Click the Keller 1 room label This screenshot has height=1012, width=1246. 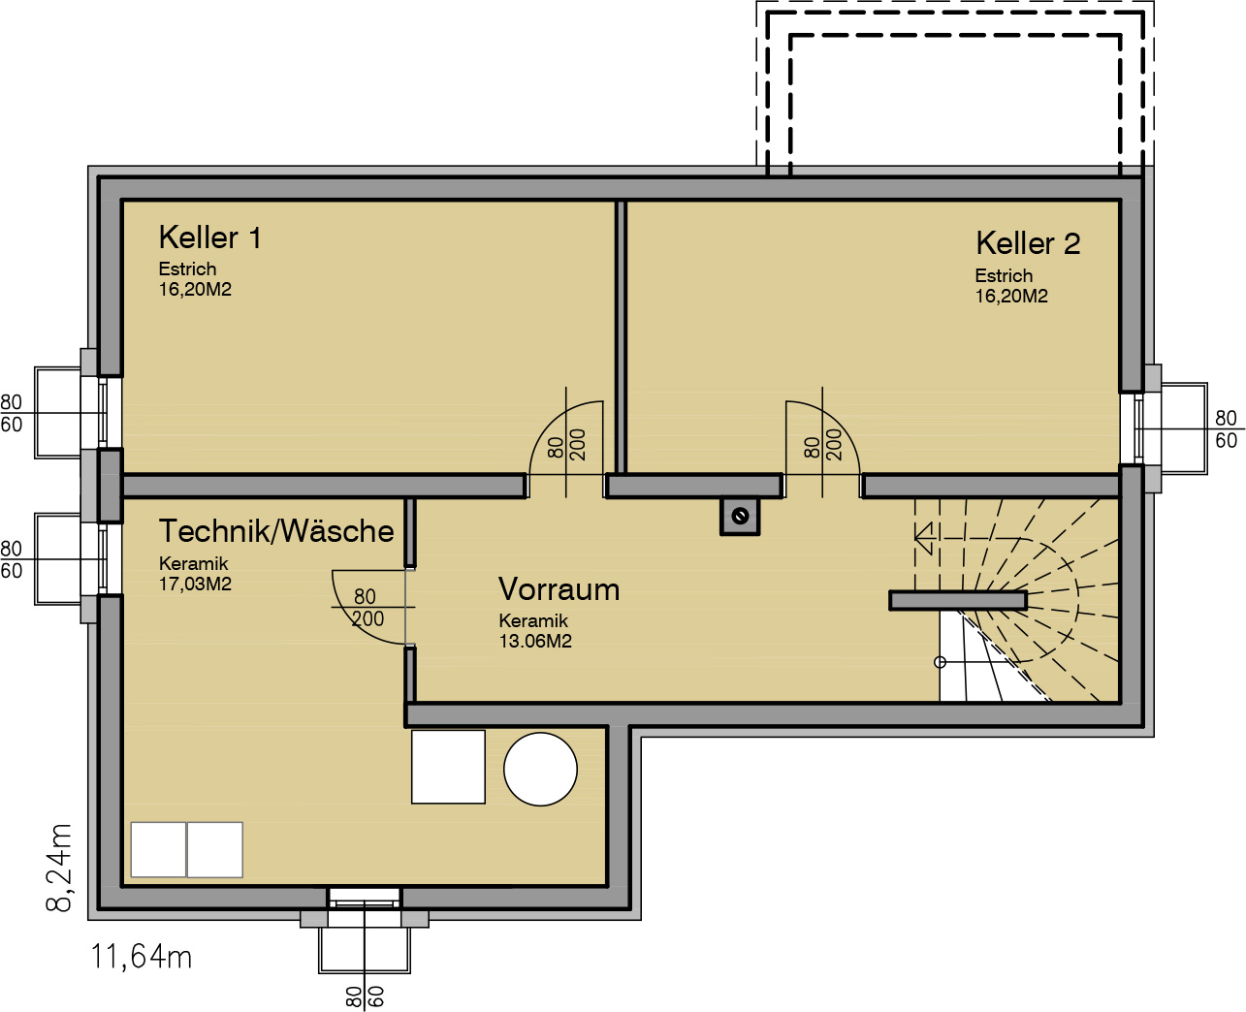tap(210, 237)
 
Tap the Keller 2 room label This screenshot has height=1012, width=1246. tap(1028, 243)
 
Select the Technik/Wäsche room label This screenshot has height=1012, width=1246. tap(276, 531)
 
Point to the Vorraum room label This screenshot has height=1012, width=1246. tap(559, 589)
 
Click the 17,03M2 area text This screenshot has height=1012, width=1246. tap(195, 585)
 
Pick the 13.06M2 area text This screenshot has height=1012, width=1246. tap(535, 642)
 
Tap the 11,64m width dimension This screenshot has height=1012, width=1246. tap(141, 958)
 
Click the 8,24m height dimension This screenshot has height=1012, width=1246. tap(58, 868)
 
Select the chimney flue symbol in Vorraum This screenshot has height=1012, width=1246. tap(740, 517)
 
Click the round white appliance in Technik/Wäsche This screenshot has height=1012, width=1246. tap(540, 770)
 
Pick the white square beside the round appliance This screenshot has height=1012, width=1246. tap(448, 767)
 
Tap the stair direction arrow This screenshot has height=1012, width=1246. tap(925, 538)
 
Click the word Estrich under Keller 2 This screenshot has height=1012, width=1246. tap(1004, 276)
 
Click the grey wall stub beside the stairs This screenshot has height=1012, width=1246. tap(958, 600)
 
